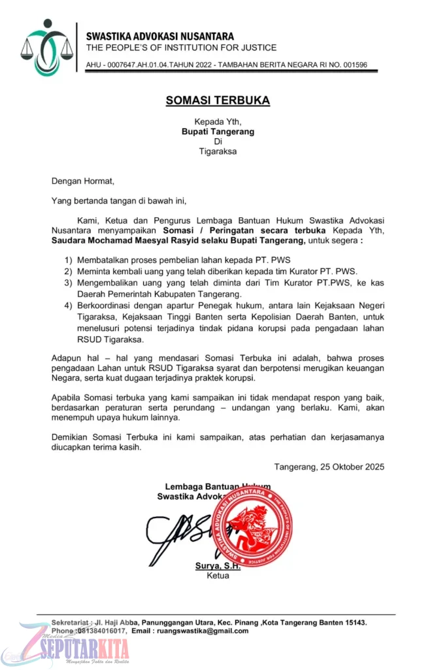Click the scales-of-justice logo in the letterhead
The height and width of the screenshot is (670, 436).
tap(46, 47)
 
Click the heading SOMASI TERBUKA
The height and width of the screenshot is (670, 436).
tap(218, 101)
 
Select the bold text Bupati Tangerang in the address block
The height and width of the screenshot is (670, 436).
tap(218, 132)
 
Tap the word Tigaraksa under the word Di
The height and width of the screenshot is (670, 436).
tap(218, 151)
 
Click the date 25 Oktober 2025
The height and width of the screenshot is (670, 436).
tap(349, 467)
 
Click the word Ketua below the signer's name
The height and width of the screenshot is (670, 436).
tap(218, 576)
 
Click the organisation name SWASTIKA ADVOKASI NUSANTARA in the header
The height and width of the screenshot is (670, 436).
tap(160, 37)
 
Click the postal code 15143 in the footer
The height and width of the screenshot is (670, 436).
tap(354, 622)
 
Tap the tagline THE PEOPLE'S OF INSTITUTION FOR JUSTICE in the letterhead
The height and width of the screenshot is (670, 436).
tap(181, 48)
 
